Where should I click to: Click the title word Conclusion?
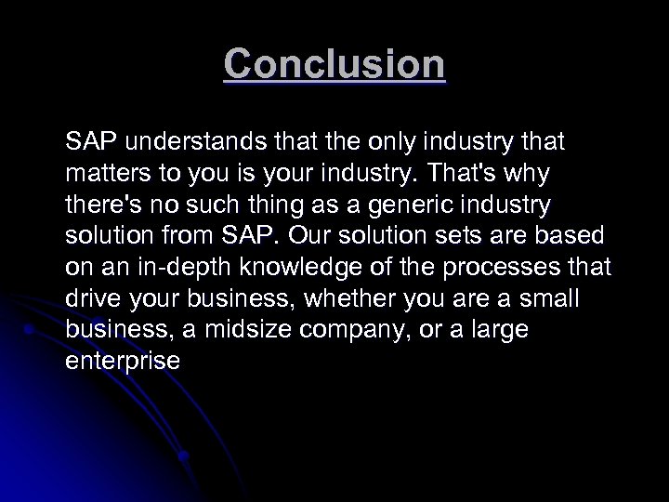(334, 64)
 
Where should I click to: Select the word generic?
(417, 205)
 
